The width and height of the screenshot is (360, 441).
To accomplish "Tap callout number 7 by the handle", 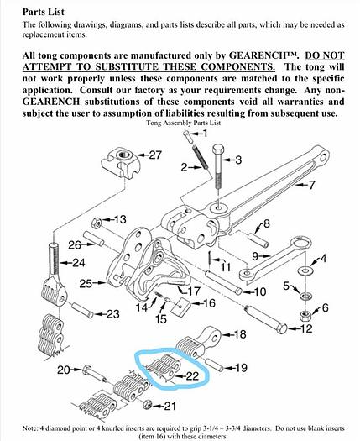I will click(311, 184).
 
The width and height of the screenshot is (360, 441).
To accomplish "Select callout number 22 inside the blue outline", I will click(192, 375).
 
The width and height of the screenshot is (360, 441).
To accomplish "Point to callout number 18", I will click(237, 334).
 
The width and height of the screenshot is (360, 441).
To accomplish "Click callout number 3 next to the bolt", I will click(237, 159).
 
